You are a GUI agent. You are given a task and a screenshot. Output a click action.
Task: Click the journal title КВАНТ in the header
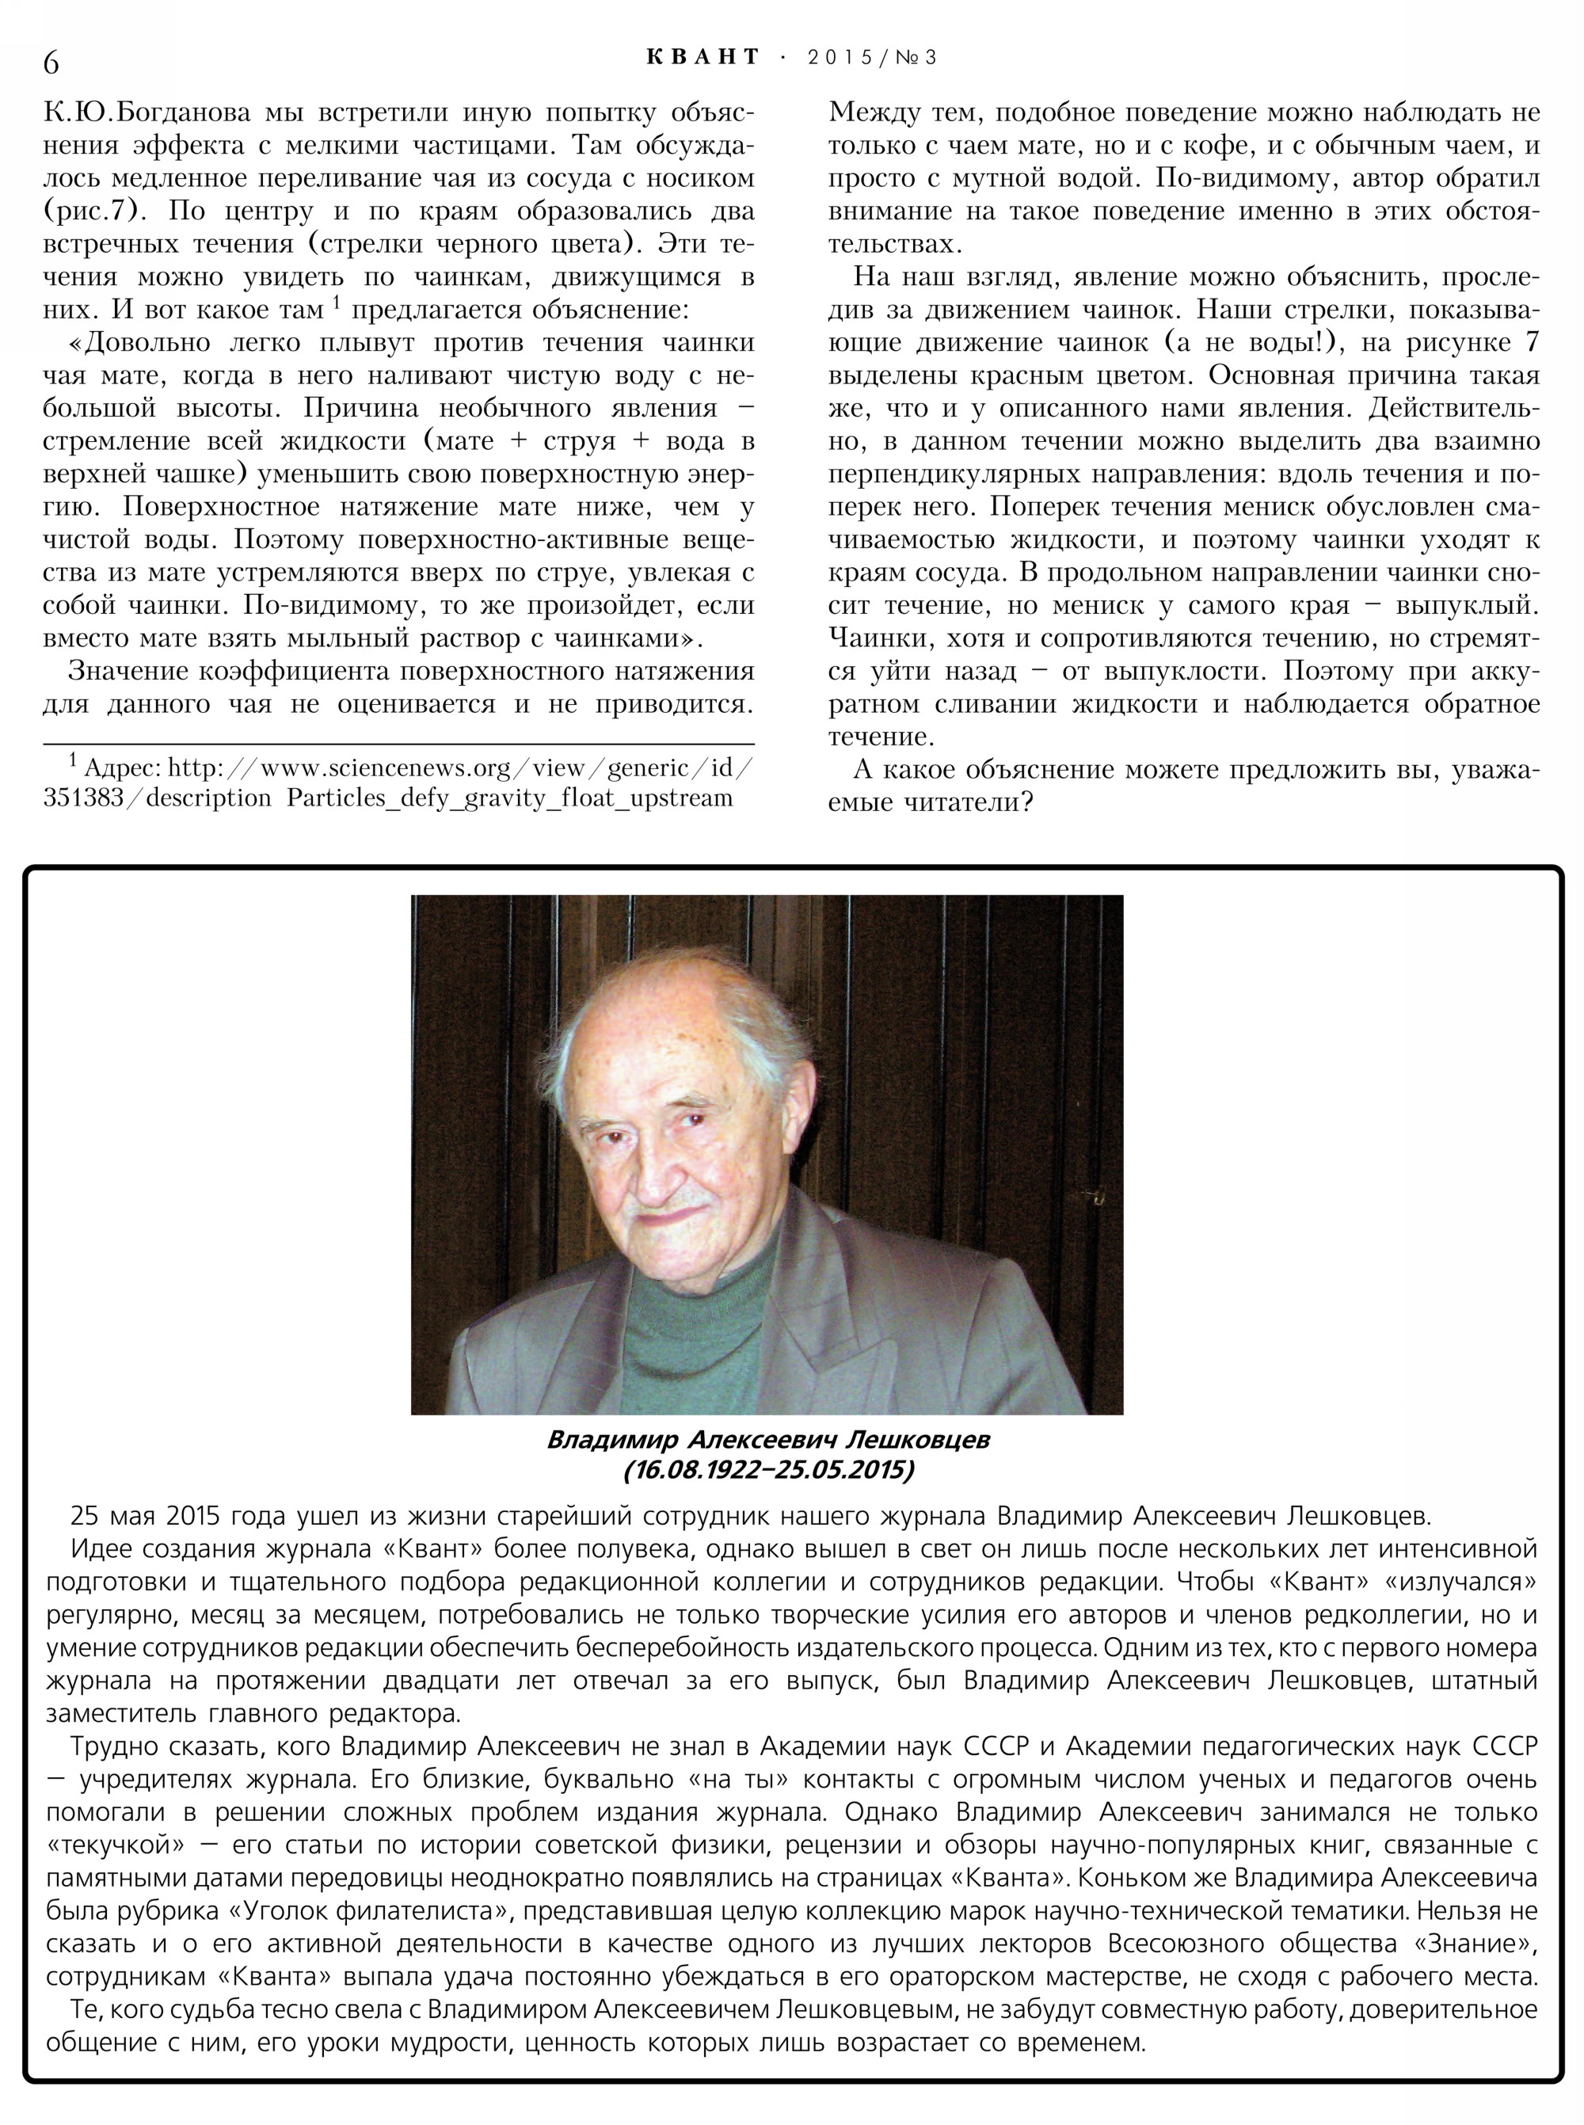pyautogui.click(x=703, y=58)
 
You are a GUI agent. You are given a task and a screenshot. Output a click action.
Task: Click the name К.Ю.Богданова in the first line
pyautogui.click(x=147, y=113)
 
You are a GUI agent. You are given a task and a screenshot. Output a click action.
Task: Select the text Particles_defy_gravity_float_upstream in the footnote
pyautogui.click(x=509, y=798)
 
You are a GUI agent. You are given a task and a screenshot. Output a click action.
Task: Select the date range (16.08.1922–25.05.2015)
pyautogui.click(x=768, y=1469)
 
